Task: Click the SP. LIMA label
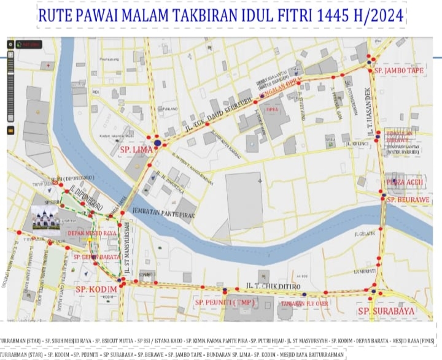[x=134, y=149]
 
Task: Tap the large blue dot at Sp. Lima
[x=158, y=143]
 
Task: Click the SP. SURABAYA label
[x=386, y=311]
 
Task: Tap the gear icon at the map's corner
[x=11, y=45]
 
